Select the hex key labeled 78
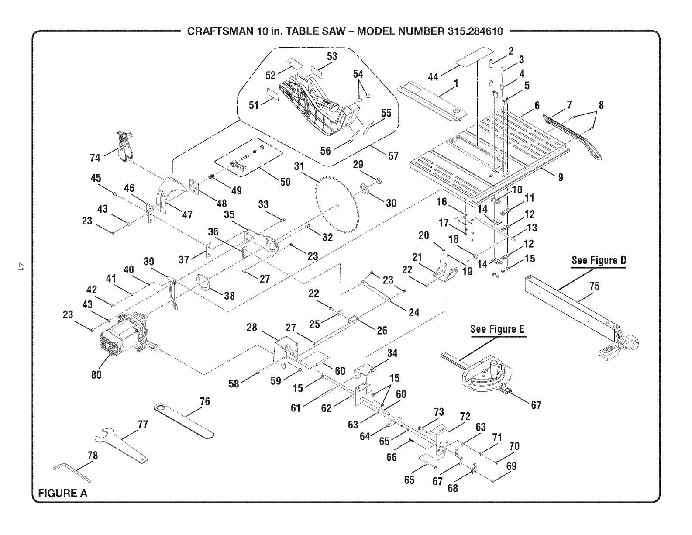point(72,473)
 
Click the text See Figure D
point(599,260)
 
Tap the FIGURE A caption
point(63,493)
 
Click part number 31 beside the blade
point(299,166)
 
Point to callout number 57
point(393,156)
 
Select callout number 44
point(433,77)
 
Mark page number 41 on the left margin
point(20,267)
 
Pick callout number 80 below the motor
point(96,375)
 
